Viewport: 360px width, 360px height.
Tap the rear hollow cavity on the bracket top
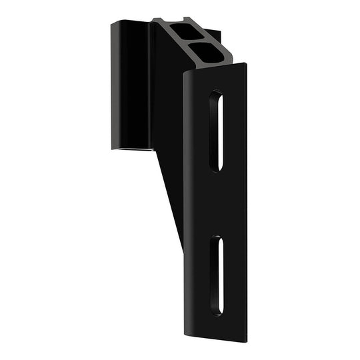179,31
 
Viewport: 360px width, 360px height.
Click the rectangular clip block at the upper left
130,83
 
